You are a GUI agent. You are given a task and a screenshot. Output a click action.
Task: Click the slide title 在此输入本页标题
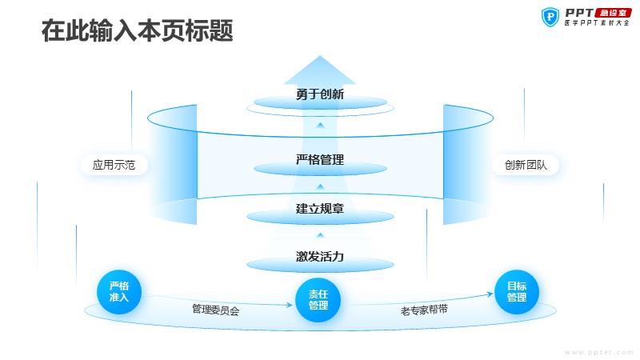click(137, 30)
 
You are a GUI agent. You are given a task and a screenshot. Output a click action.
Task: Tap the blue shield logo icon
click(550, 17)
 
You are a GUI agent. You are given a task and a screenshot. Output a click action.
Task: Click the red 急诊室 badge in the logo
click(613, 13)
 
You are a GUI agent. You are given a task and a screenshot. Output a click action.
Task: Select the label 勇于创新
click(320, 94)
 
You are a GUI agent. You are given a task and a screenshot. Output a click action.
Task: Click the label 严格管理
click(320, 159)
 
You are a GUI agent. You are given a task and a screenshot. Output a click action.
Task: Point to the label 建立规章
click(320, 209)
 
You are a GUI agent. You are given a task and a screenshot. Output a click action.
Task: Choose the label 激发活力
click(320, 257)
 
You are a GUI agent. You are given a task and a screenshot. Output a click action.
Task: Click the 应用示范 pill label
click(114, 165)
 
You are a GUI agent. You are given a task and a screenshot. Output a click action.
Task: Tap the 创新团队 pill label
click(526, 165)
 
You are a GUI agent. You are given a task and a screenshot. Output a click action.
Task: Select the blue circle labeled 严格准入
click(119, 292)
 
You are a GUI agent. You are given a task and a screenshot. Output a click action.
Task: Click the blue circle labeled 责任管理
click(318, 300)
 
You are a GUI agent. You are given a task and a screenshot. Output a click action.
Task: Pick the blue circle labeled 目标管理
click(517, 292)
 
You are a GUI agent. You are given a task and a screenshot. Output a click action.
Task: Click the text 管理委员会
click(215, 310)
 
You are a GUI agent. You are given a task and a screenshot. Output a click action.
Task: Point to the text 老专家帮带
click(424, 310)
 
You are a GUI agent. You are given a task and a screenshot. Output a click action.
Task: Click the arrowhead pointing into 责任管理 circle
click(289, 305)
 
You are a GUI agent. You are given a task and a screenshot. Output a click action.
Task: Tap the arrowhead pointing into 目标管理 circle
click(490, 294)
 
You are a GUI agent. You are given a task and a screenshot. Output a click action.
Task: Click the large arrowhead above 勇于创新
click(320, 70)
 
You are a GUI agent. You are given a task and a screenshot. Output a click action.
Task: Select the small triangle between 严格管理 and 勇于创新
click(321, 126)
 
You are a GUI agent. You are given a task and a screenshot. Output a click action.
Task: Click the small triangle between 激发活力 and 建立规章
click(321, 235)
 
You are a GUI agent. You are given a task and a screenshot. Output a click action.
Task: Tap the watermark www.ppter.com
click(599, 352)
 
